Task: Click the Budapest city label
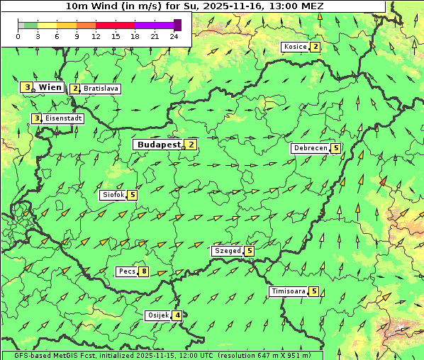click(x=160, y=144)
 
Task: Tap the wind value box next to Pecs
click(x=144, y=271)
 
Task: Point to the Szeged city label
click(x=227, y=251)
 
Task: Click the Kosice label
click(x=295, y=47)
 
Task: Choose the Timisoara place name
click(x=288, y=291)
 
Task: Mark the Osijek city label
click(x=157, y=315)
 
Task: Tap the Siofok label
click(x=113, y=195)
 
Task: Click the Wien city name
click(x=50, y=87)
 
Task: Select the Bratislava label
click(x=100, y=89)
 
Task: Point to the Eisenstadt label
click(x=63, y=118)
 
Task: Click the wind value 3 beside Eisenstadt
click(x=36, y=118)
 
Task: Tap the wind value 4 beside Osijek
click(x=177, y=315)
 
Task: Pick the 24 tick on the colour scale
click(x=174, y=36)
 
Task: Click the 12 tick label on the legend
click(x=96, y=36)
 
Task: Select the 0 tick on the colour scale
click(x=18, y=36)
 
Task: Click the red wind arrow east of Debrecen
click(x=383, y=182)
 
